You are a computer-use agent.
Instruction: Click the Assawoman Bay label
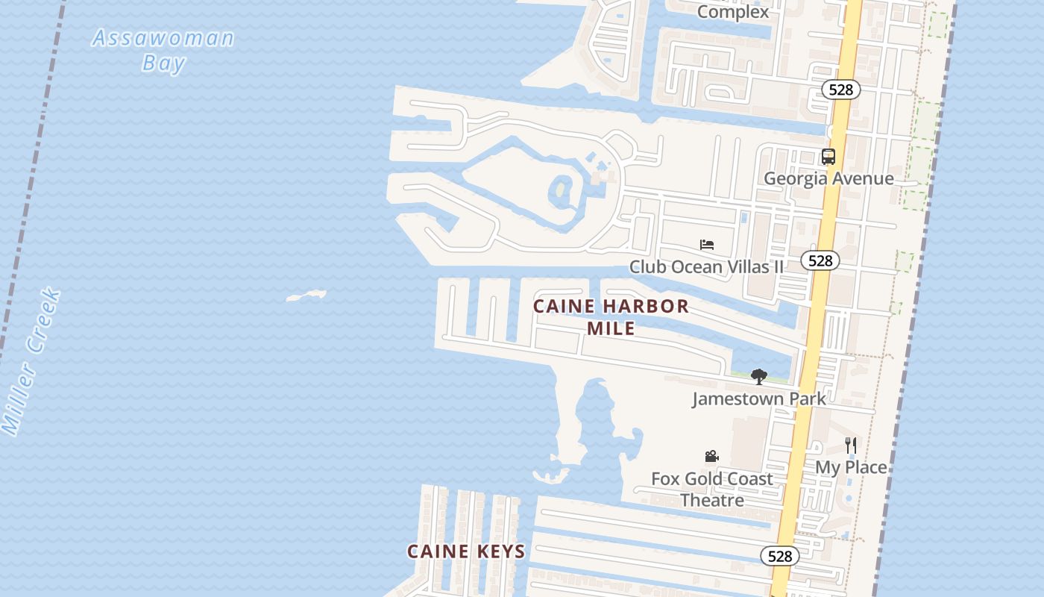coord(163,50)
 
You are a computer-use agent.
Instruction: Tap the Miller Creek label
coord(31,362)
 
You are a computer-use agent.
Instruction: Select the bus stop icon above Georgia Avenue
coord(828,157)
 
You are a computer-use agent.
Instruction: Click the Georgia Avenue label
coord(828,178)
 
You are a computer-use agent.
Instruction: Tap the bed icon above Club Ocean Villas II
coord(707,245)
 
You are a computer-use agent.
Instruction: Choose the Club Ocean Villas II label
coord(706,266)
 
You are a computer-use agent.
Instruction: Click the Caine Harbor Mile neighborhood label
coord(611,317)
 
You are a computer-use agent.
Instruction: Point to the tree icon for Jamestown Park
coord(758,377)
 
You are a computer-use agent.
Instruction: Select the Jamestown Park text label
coord(758,398)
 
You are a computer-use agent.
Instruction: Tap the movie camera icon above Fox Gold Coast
coord(711,456)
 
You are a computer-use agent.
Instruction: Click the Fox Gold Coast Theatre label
coord(711,490)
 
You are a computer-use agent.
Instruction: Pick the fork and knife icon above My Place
coord(850,445)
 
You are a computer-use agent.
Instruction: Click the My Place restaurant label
coord(850,467)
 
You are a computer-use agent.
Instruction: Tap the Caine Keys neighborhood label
coord(466,551)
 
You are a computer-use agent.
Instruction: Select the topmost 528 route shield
coord(840,90)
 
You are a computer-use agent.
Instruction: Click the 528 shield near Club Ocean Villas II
coord(820,260)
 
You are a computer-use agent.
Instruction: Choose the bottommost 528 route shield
coord(779,556)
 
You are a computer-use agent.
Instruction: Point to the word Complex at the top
coord(732,12)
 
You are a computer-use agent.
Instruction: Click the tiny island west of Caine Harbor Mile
coord(306,296)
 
